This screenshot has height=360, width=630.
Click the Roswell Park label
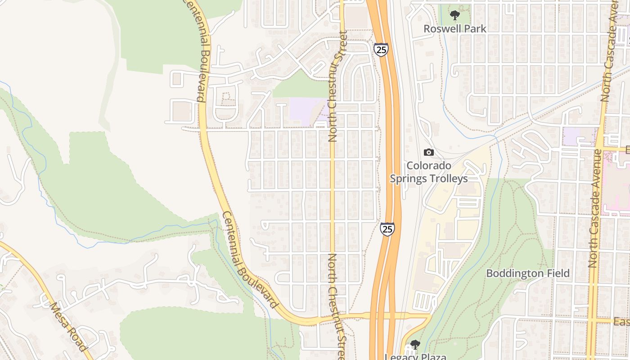(455, 29)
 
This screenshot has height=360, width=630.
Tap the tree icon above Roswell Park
(455, 15)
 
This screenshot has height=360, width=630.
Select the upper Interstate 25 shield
(381, 49)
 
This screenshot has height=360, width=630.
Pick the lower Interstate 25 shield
(387, 229)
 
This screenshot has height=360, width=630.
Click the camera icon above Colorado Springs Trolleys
(429, 152)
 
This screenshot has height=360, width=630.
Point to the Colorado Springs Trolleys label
(429, 172)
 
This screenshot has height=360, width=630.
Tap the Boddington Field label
(528, 273)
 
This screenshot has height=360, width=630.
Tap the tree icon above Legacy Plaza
(415, 345)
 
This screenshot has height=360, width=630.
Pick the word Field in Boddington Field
(558, 273)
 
